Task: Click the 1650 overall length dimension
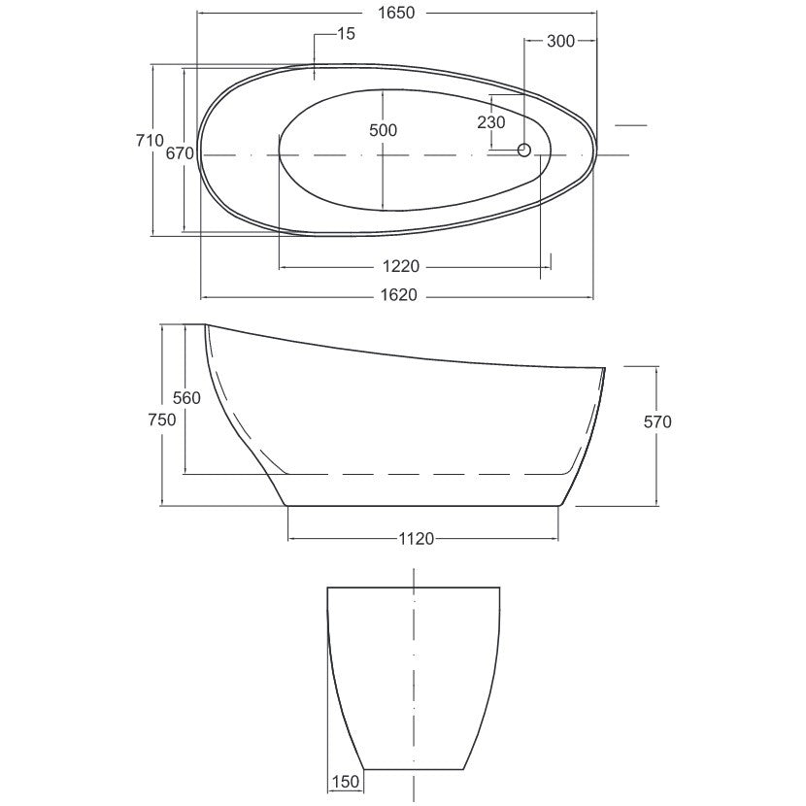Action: pos(396,13)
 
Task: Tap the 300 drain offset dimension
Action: pos(560,41)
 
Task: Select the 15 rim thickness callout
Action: pos(346,34)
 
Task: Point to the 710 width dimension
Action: pos(150,140)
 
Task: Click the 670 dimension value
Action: pos(180,152)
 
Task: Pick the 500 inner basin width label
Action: pos(383,130)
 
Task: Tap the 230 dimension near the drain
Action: pos(491,122)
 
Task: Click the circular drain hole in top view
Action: pos(523,150)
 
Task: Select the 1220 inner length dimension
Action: pos(401,266)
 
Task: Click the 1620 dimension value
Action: pos(399,295)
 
